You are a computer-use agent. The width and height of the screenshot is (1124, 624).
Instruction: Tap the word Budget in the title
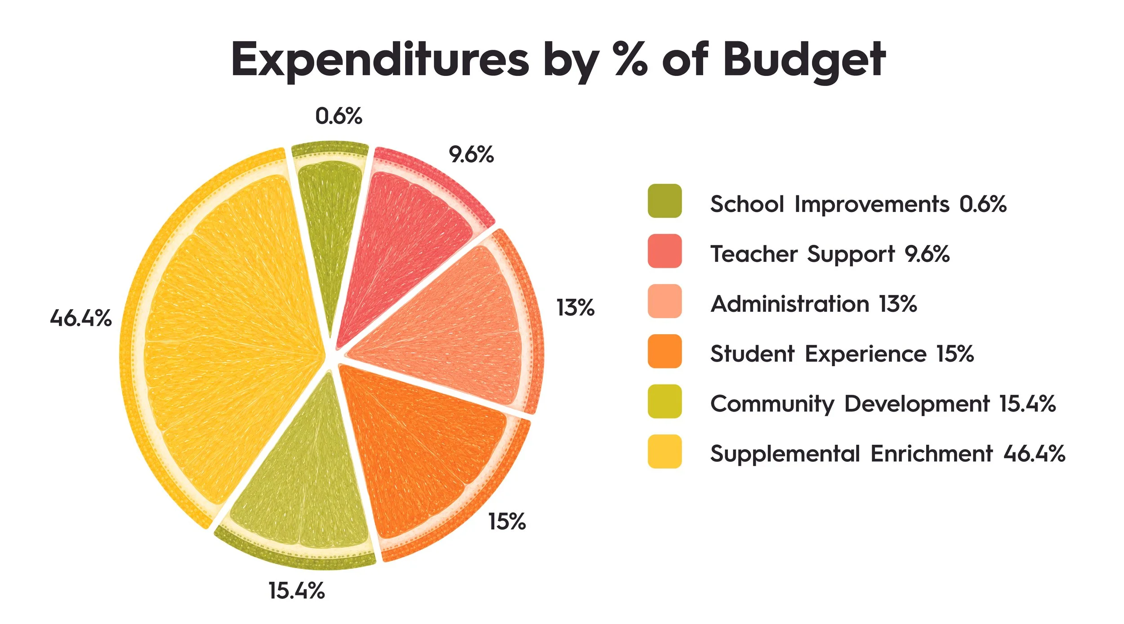click(804, 61)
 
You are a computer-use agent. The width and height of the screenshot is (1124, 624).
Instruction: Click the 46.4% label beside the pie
click(81, 318)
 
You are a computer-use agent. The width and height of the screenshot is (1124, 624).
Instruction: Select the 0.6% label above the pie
click(339, 116)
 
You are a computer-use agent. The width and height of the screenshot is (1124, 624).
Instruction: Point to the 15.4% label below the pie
click(297, 590)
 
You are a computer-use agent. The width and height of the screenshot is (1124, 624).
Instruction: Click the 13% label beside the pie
click(575, 308)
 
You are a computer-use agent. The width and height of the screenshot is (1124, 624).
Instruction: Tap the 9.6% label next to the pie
click(471, 155)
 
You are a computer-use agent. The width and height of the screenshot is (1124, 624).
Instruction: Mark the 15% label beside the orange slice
click(507, 522)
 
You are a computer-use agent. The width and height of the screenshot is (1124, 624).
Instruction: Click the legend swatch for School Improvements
click(665, 201)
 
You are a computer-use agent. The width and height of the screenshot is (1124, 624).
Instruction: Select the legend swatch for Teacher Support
click(665, 251)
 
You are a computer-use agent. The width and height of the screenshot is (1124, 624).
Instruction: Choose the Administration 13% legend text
click(814, 304)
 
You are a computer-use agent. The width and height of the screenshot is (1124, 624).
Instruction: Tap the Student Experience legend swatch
click(665, 351)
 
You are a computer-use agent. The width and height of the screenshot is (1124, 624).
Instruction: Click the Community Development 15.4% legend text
click(883, 404)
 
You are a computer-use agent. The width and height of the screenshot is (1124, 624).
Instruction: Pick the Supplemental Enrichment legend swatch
click(665, 451)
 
